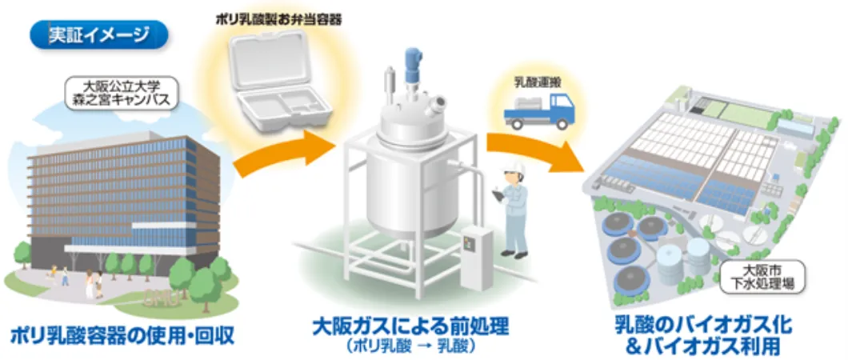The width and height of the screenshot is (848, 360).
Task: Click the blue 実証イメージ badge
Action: (98, 34)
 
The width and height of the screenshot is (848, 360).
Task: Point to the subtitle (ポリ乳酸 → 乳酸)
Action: (410, 346)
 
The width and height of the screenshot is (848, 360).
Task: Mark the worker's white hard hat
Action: (512, 172)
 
